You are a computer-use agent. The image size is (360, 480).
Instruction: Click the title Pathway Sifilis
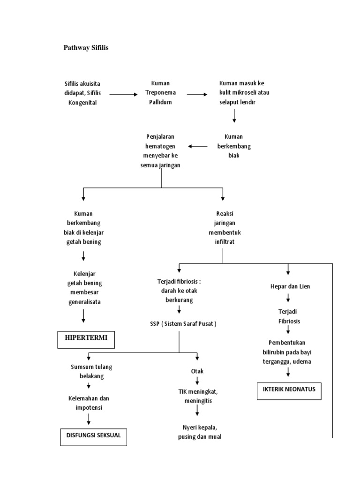tap(86, 48)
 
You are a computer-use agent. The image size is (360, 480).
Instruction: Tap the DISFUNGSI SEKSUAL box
tap(94, 435)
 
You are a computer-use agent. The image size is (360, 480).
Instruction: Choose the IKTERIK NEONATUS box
tap(289, 390)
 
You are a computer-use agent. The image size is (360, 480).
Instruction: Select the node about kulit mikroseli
tap(244, 93)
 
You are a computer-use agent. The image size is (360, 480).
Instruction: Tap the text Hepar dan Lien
tap(290, 286)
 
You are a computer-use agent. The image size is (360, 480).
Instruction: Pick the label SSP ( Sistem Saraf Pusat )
tap(180, 324)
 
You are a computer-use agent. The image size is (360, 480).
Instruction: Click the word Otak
tap(197, 371)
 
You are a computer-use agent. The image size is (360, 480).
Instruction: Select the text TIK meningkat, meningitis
tap(197, 396)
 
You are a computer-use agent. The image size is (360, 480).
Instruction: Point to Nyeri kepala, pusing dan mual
tap(200, 432)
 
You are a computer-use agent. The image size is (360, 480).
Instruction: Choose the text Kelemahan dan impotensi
tap(89, 403)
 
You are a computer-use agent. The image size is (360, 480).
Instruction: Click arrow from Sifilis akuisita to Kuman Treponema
tap(124, 94)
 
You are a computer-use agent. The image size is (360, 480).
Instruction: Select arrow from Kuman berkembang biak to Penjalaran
tap(197, 147)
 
